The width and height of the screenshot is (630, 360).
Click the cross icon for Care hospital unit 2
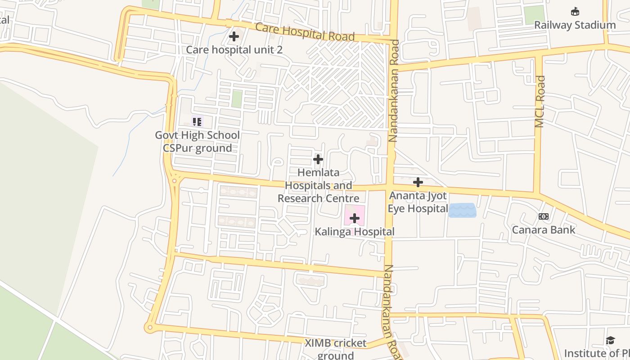tap(234, 36)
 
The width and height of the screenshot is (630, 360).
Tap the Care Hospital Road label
tap(305, 31)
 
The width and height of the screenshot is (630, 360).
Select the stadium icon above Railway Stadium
tap(575, 12)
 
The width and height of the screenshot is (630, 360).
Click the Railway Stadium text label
tap(575, 25)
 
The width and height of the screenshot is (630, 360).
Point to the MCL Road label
tap(540, 102)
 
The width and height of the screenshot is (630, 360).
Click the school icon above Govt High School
tap(197, 121)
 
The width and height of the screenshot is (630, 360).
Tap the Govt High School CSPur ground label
tap(197, 142)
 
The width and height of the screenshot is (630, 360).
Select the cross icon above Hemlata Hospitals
tap(318, 159)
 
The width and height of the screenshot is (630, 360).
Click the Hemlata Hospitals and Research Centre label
tap(319, 185)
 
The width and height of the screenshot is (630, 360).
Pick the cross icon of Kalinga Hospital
tap(355, 219)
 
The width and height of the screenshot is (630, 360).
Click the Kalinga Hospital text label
tap(355, 232)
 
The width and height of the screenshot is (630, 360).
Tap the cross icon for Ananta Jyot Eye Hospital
tap(418, 182)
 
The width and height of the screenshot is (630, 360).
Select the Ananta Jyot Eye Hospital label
tap(418, 202)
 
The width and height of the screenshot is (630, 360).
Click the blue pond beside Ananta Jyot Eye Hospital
tap(462, 210)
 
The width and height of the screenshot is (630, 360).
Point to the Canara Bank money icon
tap(544, 216)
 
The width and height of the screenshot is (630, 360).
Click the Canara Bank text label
tap(544, 230)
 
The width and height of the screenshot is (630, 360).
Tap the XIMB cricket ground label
tap(336, 349)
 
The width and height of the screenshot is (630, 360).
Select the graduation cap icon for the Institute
tap(610, 340)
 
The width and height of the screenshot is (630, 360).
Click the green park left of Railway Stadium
tap(534, 15)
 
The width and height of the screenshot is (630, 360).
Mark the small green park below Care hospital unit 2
tap(237, 99)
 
